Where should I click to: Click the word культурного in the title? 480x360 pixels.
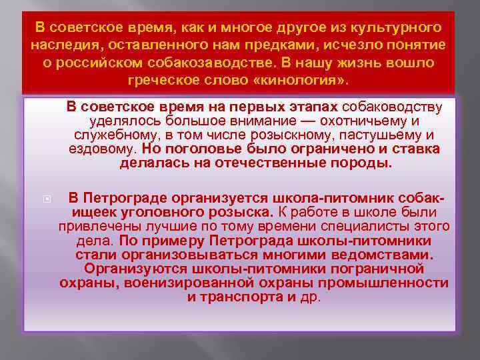point(397,28)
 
